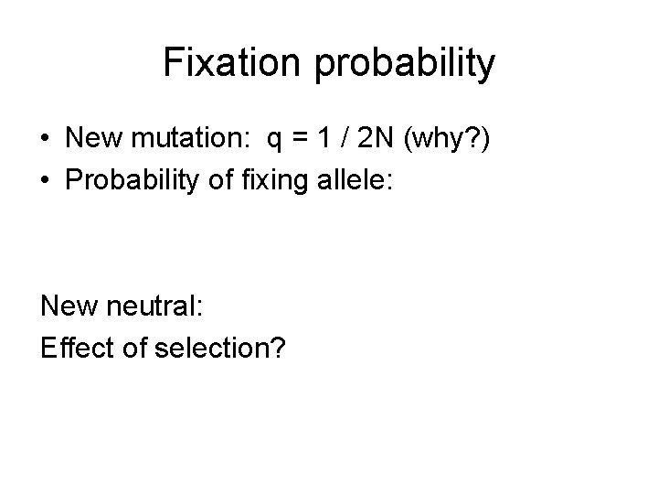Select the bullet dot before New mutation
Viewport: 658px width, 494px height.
(45, 140)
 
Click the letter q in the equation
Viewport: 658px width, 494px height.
(274, 142)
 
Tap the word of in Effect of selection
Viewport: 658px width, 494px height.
(133, 348)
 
